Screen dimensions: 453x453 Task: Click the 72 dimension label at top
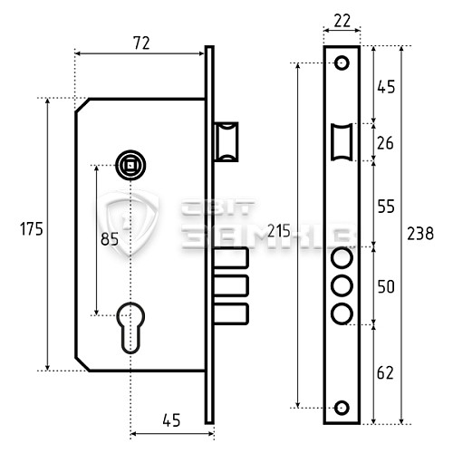click(141, 43)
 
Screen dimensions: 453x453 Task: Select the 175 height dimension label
click(32, 228)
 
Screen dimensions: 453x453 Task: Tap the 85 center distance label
click(110, 239)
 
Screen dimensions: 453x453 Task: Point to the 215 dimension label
click(279, 231)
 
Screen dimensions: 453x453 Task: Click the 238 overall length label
click(420, 234)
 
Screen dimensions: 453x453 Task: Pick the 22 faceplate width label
click(342, 21)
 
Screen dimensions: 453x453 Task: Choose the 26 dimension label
click(385, 143)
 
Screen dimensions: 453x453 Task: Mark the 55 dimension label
click(386, 207)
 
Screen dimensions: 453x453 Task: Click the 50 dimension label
click(386, 286)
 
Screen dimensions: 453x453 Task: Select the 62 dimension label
click(385, 372)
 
